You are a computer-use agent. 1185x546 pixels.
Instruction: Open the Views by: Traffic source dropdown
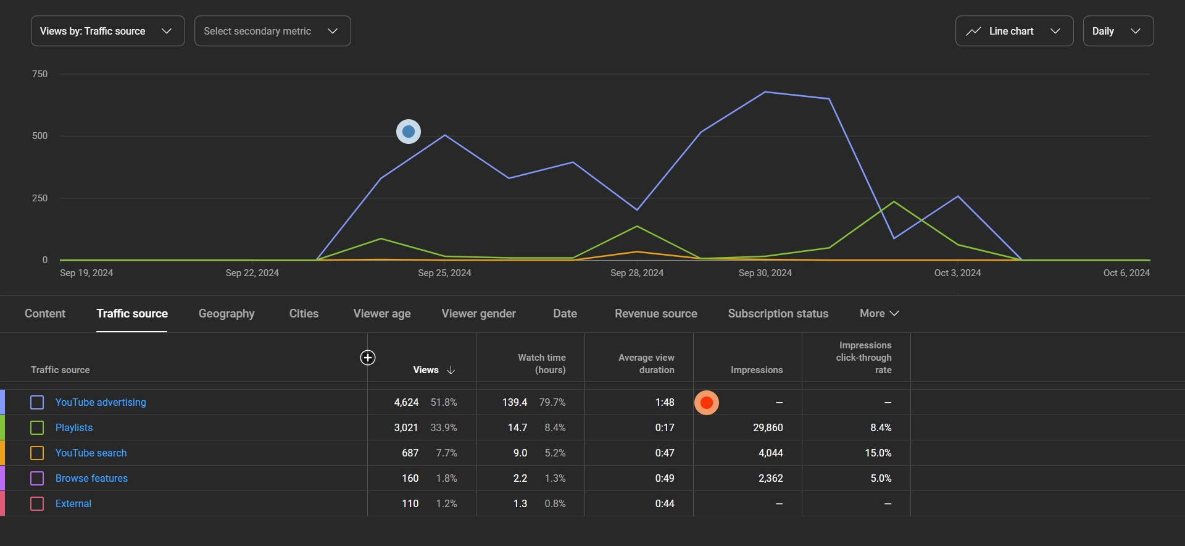107,31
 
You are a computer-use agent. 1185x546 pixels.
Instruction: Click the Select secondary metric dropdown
272,31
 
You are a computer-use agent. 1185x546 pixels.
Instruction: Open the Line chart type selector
1014,31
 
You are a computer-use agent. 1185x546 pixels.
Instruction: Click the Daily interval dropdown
1118,31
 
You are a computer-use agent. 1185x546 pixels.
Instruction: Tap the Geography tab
227,314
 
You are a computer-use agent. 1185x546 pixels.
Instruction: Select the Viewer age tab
381,314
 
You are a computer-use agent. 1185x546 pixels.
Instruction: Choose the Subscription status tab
778,314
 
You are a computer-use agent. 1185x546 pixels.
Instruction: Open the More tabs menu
879,314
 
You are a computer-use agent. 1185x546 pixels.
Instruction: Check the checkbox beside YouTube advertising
37,403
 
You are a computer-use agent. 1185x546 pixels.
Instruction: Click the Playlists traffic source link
74,428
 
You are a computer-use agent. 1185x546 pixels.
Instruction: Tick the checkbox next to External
37,504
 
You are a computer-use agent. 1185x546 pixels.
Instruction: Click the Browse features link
91,479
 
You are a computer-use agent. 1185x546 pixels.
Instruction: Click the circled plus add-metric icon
368,358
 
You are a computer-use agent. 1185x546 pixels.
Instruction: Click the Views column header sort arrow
451,370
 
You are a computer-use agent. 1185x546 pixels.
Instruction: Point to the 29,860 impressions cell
768,428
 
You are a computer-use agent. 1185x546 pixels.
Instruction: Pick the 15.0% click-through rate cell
878,453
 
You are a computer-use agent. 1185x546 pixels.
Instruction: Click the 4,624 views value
406,403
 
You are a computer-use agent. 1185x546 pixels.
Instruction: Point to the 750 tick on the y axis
39,74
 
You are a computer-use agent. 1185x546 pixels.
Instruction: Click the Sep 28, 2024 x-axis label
637,273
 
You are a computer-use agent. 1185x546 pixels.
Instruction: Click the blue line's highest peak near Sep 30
765,92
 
